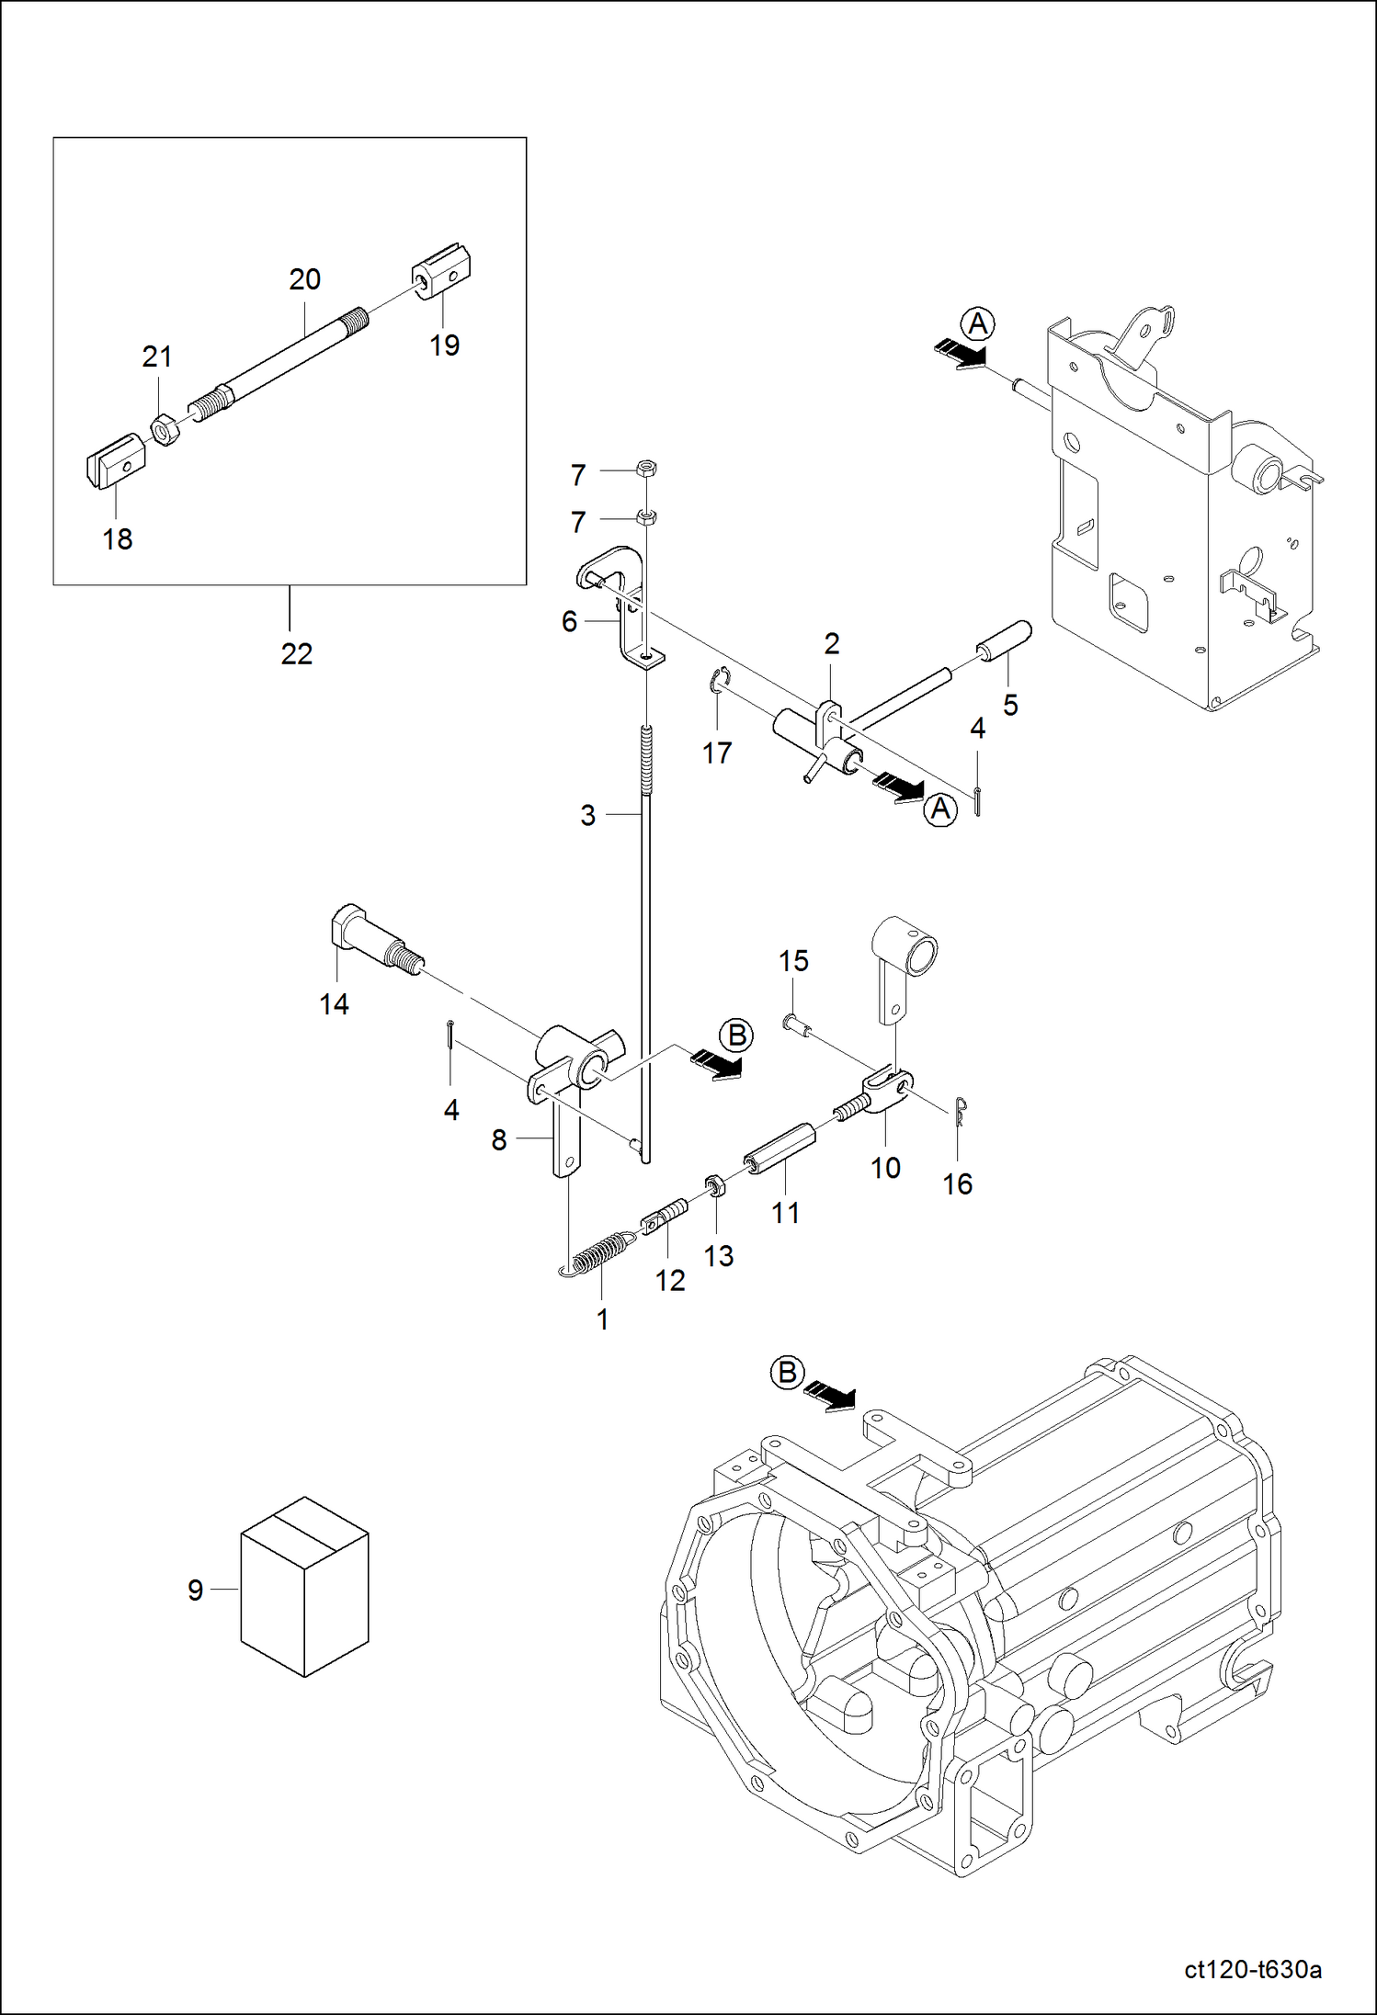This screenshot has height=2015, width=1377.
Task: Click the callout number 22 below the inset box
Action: point(296,653)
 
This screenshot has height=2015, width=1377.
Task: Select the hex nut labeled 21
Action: point(165,429)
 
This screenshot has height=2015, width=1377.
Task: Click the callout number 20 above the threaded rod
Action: point(304,279)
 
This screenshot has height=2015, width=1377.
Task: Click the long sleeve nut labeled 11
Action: point(780,1149)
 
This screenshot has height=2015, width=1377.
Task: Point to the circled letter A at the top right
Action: point(977,323)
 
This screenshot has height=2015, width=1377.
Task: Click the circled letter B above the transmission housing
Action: point(787,1374)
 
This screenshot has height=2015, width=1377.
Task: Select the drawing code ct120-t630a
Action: point(1252,1969)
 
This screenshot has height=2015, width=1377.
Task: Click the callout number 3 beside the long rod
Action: point(588,815)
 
